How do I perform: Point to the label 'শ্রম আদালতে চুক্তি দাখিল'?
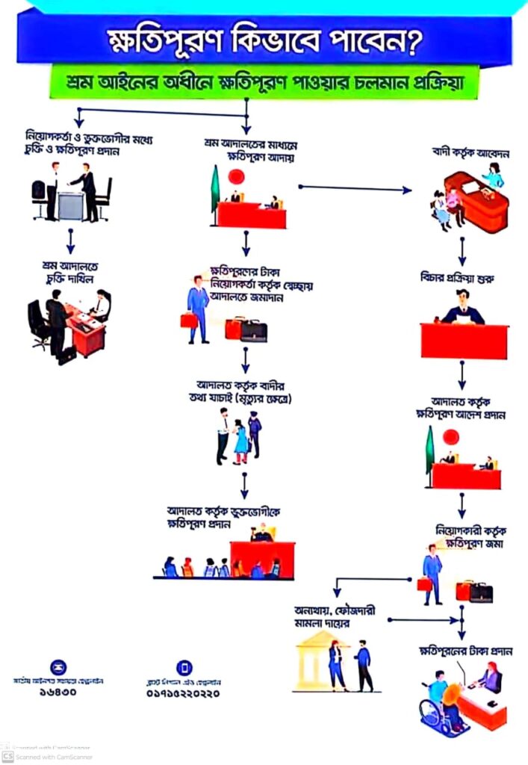[70, 270]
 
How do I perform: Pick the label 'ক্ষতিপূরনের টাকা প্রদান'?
[465, 651]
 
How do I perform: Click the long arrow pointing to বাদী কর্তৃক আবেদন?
[355, 188]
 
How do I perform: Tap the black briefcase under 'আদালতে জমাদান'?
[254, 330]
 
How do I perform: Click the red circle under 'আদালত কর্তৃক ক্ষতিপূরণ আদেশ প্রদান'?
[450, 438]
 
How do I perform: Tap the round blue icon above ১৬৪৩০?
[58, 667]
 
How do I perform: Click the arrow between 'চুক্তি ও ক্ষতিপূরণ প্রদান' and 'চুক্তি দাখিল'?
[70, 240]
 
